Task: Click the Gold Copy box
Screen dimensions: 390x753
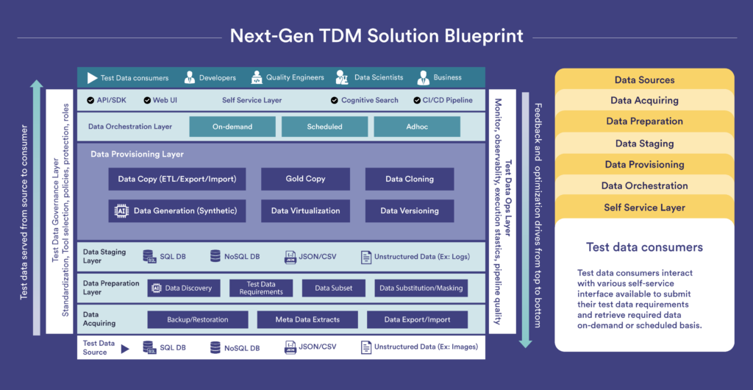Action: [x=305, y=179]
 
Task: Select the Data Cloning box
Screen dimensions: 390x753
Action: [x=409, y=179]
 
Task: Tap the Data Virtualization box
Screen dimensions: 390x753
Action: [x=305, y=211]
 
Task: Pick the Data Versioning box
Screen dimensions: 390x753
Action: [x=409, y=211]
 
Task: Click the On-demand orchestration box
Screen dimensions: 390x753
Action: [x=232, y=127]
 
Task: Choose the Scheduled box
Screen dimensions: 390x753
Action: [x=324, y=127]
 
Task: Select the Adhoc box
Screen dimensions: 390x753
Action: [x=417, y=127]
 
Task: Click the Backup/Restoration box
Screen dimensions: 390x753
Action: [x=197, y=319]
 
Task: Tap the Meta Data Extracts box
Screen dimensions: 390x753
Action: [x=307, y=319]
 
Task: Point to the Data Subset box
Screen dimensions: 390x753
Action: [x=333, y=288]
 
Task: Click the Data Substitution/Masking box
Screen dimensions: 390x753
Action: [x=421, y=288]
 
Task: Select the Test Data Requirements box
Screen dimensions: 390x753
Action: [x=261, y=288]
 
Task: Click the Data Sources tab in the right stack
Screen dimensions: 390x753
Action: [x=644, y=79]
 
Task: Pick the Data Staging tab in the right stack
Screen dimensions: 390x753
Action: [x=644, y=143]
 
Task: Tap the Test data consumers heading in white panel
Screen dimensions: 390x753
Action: [x=644, y=247]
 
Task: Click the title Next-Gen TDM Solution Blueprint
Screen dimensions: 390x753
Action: [x=376, y=35]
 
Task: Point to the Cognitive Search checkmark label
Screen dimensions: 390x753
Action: [x=369, y=100]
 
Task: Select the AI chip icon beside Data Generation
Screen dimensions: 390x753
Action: [x=122, y=211]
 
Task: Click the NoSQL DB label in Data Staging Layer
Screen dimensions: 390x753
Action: [x=241, y=256]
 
